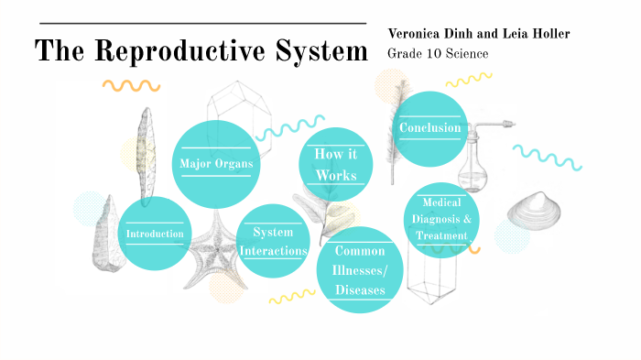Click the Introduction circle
[156, 234]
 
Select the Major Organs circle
[216, 163]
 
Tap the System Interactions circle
[273, 241]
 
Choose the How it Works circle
[335, 163]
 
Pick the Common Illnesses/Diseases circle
[359, 270]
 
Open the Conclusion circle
[430, 128]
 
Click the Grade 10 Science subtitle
[438, 54]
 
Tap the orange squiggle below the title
[131, 86]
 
